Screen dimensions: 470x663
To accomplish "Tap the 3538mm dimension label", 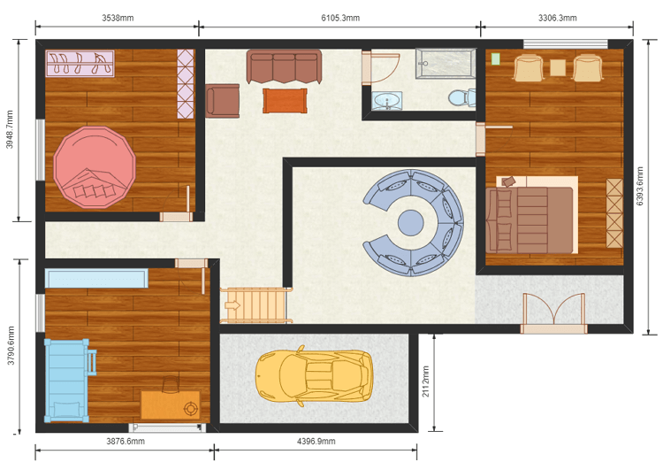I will (117, 18).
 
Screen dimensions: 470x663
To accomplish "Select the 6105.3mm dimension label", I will (339, 18).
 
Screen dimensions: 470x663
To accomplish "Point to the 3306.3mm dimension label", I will (557, 18).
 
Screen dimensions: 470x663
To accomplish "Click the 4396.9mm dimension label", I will (315, 441).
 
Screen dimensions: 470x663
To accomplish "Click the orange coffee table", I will (285, 101).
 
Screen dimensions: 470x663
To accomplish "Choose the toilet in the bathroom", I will (461, 97).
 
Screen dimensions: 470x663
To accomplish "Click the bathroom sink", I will (386, 102).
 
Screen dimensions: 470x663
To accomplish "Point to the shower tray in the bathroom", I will (447, 62).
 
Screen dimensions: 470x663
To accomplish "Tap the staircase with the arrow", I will (255, 305).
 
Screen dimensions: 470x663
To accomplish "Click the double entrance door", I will (552, 312).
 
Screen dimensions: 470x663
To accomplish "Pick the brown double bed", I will (530, 218).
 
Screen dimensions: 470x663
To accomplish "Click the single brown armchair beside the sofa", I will (223, 101).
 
